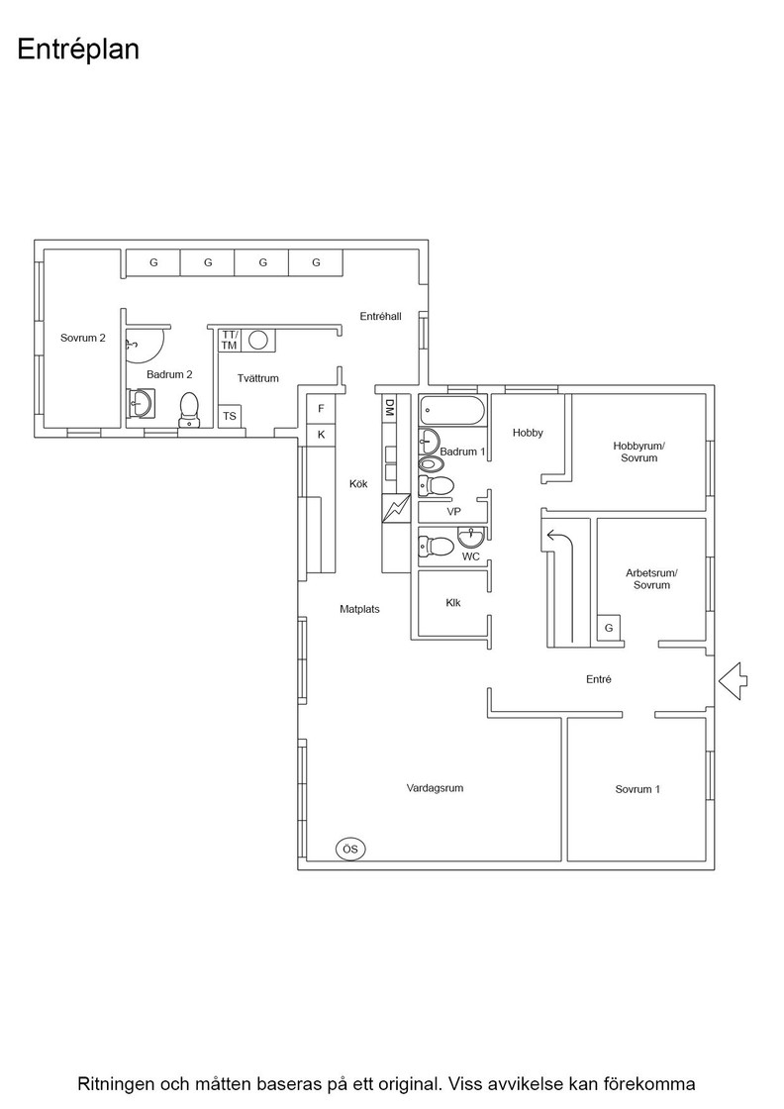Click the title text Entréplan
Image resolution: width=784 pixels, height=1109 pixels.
tap(78, 50)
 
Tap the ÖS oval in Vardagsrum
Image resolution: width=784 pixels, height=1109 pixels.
tap(350, 849)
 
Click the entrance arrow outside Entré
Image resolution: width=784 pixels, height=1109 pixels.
tap(734, 681)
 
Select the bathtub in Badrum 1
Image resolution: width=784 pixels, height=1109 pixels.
tap(453, 410)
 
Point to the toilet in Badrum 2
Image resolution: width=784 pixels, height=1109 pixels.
tap(189, 410)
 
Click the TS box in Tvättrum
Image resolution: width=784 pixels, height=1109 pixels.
tap(230, 416)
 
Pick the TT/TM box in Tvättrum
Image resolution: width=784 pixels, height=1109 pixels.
tap(229, 341)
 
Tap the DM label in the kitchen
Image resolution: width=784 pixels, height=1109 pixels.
tap(389, 407)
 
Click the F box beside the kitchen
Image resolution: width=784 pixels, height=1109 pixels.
tap(321, 409)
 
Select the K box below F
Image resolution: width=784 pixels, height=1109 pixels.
tap(321, 435)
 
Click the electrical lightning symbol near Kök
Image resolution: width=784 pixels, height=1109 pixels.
tap(396, 508)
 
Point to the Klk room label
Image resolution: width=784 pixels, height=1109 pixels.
tap(453, 603)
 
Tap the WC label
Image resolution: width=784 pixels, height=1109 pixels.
tap(471, 556)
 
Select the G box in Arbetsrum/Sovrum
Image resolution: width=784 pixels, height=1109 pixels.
tap(609, 628)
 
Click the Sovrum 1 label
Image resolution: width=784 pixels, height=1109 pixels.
tap(637, 789)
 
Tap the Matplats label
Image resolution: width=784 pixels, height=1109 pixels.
tap(359, 609)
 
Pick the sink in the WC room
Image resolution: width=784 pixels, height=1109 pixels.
tap(471, 537)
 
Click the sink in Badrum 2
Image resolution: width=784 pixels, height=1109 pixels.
tap(140, 404)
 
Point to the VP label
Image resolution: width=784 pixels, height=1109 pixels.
tap(453, 511)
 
